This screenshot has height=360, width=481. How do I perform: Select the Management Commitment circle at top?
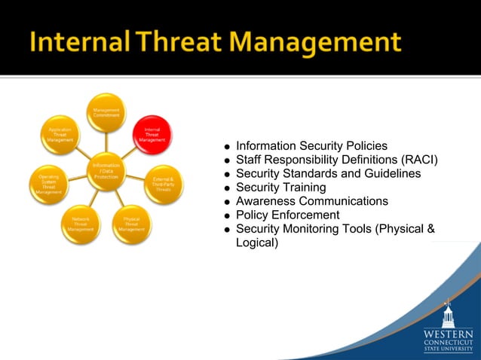[106, 112]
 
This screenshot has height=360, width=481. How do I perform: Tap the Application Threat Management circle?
[60, 136]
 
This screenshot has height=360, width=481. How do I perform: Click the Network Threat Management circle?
[81, 224]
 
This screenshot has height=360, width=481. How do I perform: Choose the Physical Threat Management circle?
[131, 224]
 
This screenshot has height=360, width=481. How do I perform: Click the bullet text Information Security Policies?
[311, 145]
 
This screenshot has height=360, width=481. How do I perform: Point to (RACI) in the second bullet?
[420, 160]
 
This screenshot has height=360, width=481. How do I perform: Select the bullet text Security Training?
[280, 188]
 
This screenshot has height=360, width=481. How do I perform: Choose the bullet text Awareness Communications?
[311, 201]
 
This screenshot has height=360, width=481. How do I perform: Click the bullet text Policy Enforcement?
[287, 215]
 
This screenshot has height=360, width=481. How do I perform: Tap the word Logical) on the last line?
[256, 243]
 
